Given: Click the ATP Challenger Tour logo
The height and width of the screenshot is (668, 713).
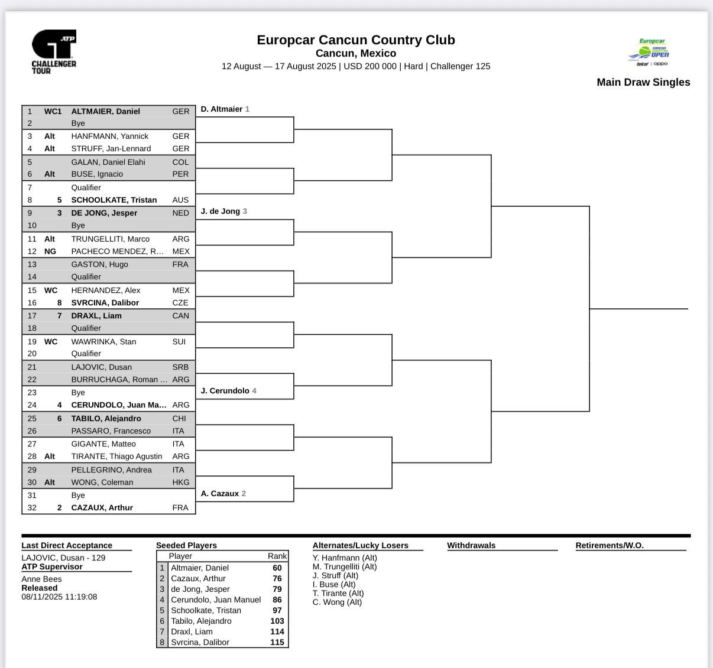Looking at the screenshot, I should [54, 52].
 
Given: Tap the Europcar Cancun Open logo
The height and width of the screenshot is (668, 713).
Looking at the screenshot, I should [649, 53].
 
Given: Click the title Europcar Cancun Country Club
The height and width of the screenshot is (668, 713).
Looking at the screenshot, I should [355, 40].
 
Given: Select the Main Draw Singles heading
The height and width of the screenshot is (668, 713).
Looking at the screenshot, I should [643, 82].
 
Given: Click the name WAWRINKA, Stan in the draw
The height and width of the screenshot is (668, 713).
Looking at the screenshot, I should [103, 341].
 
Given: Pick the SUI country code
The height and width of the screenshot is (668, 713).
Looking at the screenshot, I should [179, 341].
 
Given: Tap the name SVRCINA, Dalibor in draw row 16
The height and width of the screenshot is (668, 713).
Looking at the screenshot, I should [105, 302].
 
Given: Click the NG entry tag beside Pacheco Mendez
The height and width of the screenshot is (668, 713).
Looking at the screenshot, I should [50, 251].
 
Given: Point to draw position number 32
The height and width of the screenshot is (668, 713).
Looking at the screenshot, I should [32, 507].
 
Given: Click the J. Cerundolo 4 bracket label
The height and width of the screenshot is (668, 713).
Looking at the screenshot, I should [228, 390].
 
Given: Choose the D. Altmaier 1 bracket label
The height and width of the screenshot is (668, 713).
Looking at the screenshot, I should [225, 109].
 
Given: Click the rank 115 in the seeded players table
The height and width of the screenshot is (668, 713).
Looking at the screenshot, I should [277, 642].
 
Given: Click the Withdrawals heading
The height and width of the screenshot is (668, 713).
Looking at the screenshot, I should [471, 545].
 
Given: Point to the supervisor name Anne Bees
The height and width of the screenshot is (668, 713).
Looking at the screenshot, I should [41, 579].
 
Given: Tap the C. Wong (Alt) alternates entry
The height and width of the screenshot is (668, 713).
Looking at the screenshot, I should [337, 602].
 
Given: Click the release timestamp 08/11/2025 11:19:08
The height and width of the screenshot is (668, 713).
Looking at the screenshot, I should [59, 597].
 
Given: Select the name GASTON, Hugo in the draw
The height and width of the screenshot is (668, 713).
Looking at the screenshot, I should [99, 264].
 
